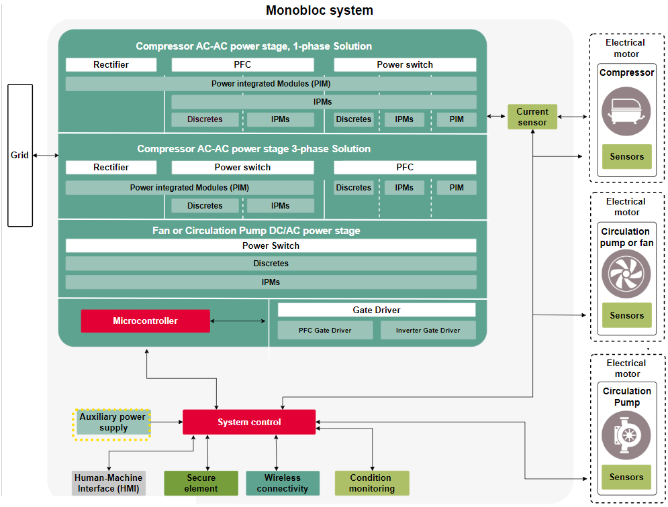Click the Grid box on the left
(19, 155)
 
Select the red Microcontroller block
(145, 321)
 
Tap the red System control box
(249, 422)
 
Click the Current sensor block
(532, 117)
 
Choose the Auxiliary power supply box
(113, 422)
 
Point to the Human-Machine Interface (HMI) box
(108, 483)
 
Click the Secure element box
(201, 483)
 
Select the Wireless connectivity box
(282, 483)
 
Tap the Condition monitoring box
(371, 483)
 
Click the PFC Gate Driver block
(325, 330)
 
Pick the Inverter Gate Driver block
(428, 330)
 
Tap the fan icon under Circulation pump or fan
(626, 273)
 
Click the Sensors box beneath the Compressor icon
(626, 156)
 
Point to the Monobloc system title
(319, 10)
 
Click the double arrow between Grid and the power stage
(46, 155)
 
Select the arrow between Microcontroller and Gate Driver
(238, 321)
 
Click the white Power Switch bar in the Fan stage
(271, 245)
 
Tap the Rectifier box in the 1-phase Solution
(111, 64)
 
